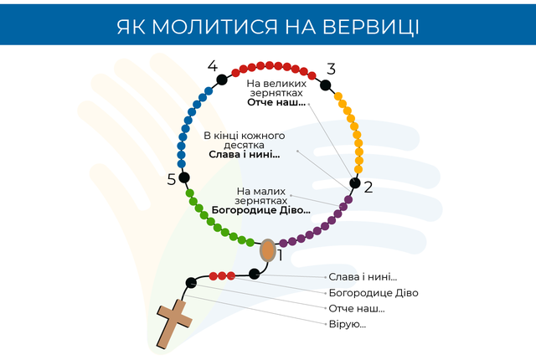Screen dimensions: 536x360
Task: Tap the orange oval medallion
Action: click(268, 250)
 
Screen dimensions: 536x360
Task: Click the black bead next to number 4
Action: click(222, 80)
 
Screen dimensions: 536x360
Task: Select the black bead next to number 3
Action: click(325, 85)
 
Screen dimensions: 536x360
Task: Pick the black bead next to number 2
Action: click(355, 183)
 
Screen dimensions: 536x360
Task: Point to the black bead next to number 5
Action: click(184, 177)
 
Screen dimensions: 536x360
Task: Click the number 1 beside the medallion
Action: click(281, 255)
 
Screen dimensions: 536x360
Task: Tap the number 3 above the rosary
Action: click(331, 69)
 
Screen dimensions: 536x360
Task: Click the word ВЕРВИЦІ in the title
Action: click(371, 27)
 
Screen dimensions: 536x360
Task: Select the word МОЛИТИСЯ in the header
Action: click(214, 27)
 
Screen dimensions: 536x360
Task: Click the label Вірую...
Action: click(348, 324)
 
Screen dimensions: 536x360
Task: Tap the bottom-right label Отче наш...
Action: click(357, 308)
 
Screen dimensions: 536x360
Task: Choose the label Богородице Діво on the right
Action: click(374, 293)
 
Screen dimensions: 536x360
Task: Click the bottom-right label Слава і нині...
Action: click(363, 276)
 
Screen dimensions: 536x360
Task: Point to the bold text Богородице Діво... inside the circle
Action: click(260, 210)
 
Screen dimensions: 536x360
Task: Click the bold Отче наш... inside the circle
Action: click(276, 102)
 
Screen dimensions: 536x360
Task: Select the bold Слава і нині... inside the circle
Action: click(244, 154)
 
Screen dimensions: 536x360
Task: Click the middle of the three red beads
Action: click(222, 275)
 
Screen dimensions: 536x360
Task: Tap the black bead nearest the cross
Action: click(191, 282)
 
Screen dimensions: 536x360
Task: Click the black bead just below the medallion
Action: click(254, 274)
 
